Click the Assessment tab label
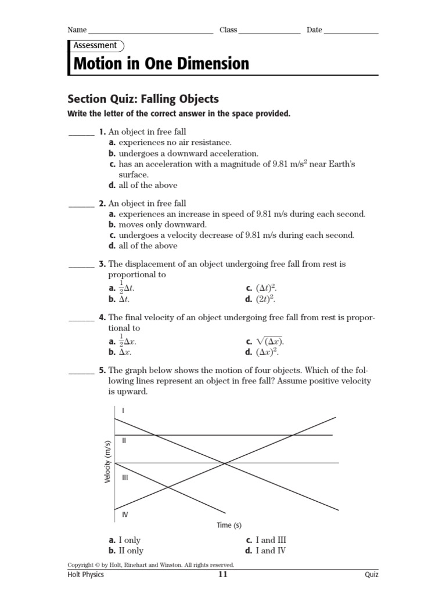coord(95,45)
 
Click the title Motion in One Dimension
coord(161,63)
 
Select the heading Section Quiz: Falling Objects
coord(143,99)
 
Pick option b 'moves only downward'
coord(157,224)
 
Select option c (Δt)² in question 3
coord(258,288)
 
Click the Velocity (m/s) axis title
coord(107,461)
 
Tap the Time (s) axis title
coord(229,526)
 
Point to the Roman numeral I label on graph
coord(124,411)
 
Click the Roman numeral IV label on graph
coord(125,515)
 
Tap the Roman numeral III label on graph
coord(125,477)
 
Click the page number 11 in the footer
coord(223,575)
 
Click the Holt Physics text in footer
coord(85,575)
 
